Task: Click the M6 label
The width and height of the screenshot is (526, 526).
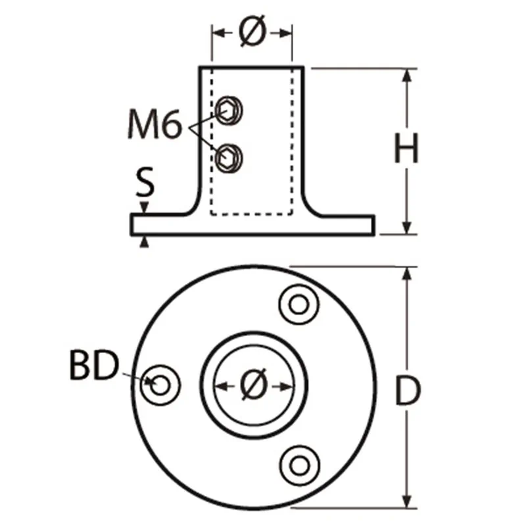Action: pyautogui.click(x=155, y=124)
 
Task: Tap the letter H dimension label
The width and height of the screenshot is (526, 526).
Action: pyautogui.click(x=406, y=148)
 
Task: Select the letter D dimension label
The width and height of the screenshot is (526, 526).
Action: pyautogui.click(x=408, y=390)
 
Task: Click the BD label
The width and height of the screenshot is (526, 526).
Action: pyautogui.click(x=94, y=365)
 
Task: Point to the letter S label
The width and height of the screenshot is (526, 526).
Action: pyautogui.click(x=145, y=181)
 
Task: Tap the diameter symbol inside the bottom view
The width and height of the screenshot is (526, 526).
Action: pyautogui.click(x=254, y=385)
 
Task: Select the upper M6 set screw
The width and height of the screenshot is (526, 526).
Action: pyautogui.click(x=229, y=110)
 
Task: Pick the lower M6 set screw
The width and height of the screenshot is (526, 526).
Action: pyautogui.click(x=229, y=158)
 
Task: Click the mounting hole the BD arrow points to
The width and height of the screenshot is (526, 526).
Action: pyautogui.click(x=160, y=385)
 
